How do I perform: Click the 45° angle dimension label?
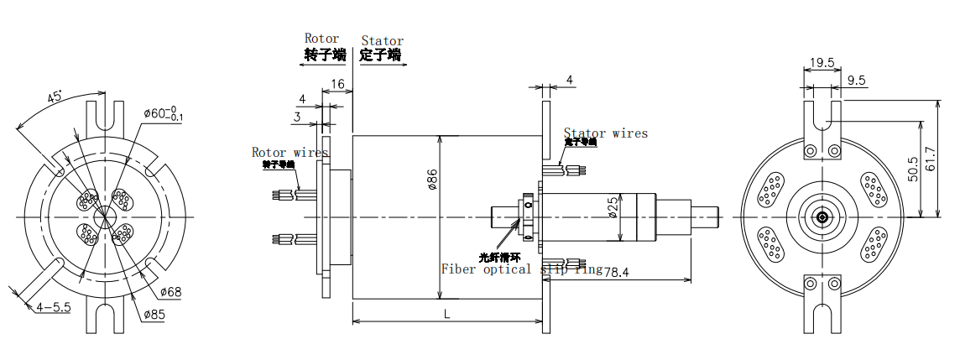click(55, 98)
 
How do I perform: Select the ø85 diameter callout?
click(153, 316)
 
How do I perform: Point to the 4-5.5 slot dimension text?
click(54, 307)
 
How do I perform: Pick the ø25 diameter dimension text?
click(613, 206)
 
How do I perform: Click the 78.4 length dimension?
click(618, 272)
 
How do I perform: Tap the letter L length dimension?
click(446, 313)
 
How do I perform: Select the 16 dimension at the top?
click(337, 84)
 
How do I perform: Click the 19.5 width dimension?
click(822, 62)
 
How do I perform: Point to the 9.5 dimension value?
click(857, 81)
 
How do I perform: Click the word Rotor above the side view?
click(321, 39)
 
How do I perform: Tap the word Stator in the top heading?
click(382, 40)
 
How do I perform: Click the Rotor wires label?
click(290, 152)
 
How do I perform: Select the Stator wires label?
click(605, 133)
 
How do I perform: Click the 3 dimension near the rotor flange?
click(297, 117)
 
